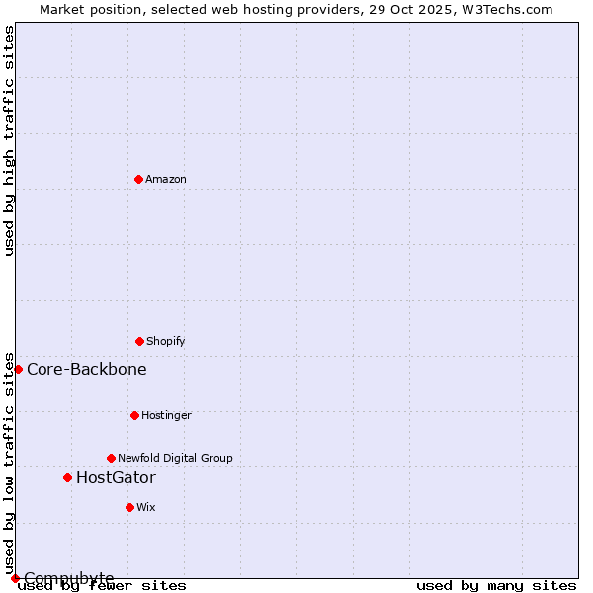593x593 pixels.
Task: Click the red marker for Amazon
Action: coord(138,179)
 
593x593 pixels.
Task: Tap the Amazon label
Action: coord(165,179)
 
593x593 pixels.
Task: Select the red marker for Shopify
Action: coord(139,341)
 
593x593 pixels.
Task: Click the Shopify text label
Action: coord(165,341)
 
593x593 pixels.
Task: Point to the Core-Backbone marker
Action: coord(18,369)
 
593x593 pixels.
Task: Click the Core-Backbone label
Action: coord(87,370)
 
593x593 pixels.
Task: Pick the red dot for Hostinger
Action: coord(134,415)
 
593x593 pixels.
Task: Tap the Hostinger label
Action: coord(166,415)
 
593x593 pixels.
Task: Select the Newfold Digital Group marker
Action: coord(111,458)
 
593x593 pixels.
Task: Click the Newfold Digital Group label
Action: coord(175,458)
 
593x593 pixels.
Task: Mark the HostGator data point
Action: coord(67,477)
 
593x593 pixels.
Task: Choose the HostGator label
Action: coord(116,478)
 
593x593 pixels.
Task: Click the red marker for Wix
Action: coord(129,507)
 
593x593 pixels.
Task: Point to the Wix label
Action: coord(146,507)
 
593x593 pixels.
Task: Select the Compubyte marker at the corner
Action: coord(15,578)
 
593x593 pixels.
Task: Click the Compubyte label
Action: coord(69,578)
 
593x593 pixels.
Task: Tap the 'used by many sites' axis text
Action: coord(496,586)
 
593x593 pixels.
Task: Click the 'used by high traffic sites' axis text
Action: coord(10,140)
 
